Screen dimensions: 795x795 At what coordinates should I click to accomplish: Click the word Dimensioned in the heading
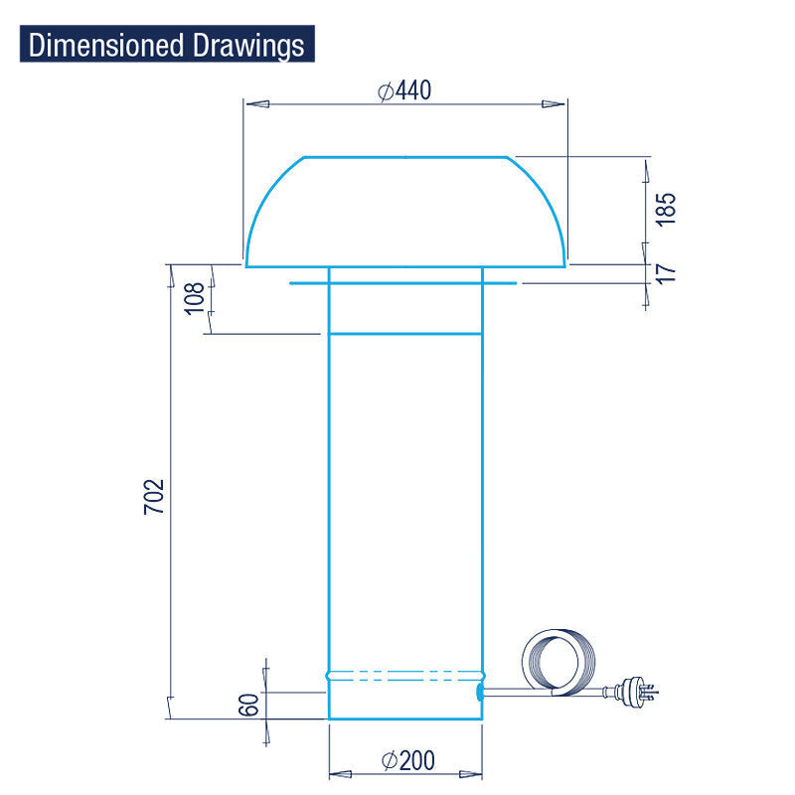pos(105,45)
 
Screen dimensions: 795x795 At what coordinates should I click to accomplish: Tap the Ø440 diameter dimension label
pos(404,90)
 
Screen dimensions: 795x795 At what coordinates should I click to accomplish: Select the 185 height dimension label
pos(665,209)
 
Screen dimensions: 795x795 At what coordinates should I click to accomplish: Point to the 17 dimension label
pos(665,273)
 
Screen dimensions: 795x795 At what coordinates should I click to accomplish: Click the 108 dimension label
pos(194,299)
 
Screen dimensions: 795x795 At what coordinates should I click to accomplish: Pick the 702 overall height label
pos(154,497)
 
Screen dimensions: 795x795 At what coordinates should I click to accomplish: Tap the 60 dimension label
pos(248,705)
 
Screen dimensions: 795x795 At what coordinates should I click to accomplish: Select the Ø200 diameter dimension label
pos(408,760)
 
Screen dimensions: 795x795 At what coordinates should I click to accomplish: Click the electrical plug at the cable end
pos(636,690)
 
